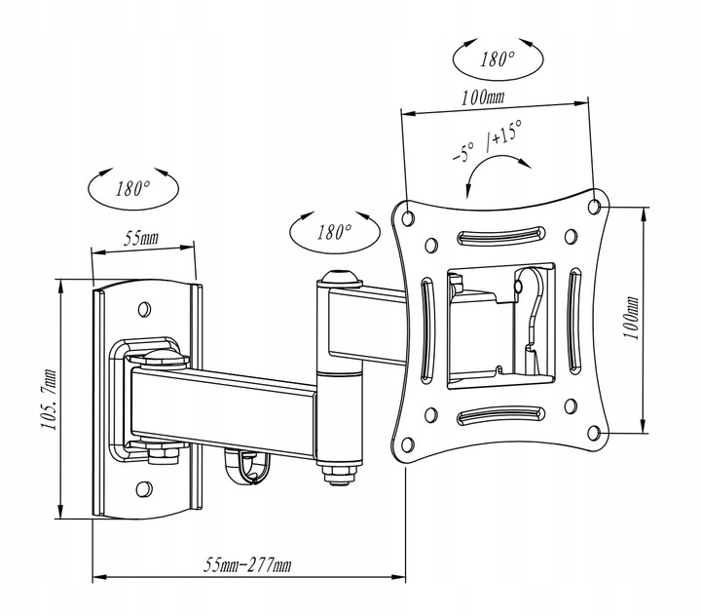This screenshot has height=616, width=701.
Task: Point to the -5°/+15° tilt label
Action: pos(486,147)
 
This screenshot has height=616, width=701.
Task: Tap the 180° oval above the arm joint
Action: pos(333,232)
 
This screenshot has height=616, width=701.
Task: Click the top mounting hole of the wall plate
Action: pos(145,309)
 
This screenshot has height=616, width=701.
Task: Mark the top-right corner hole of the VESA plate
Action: pos(595,205)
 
